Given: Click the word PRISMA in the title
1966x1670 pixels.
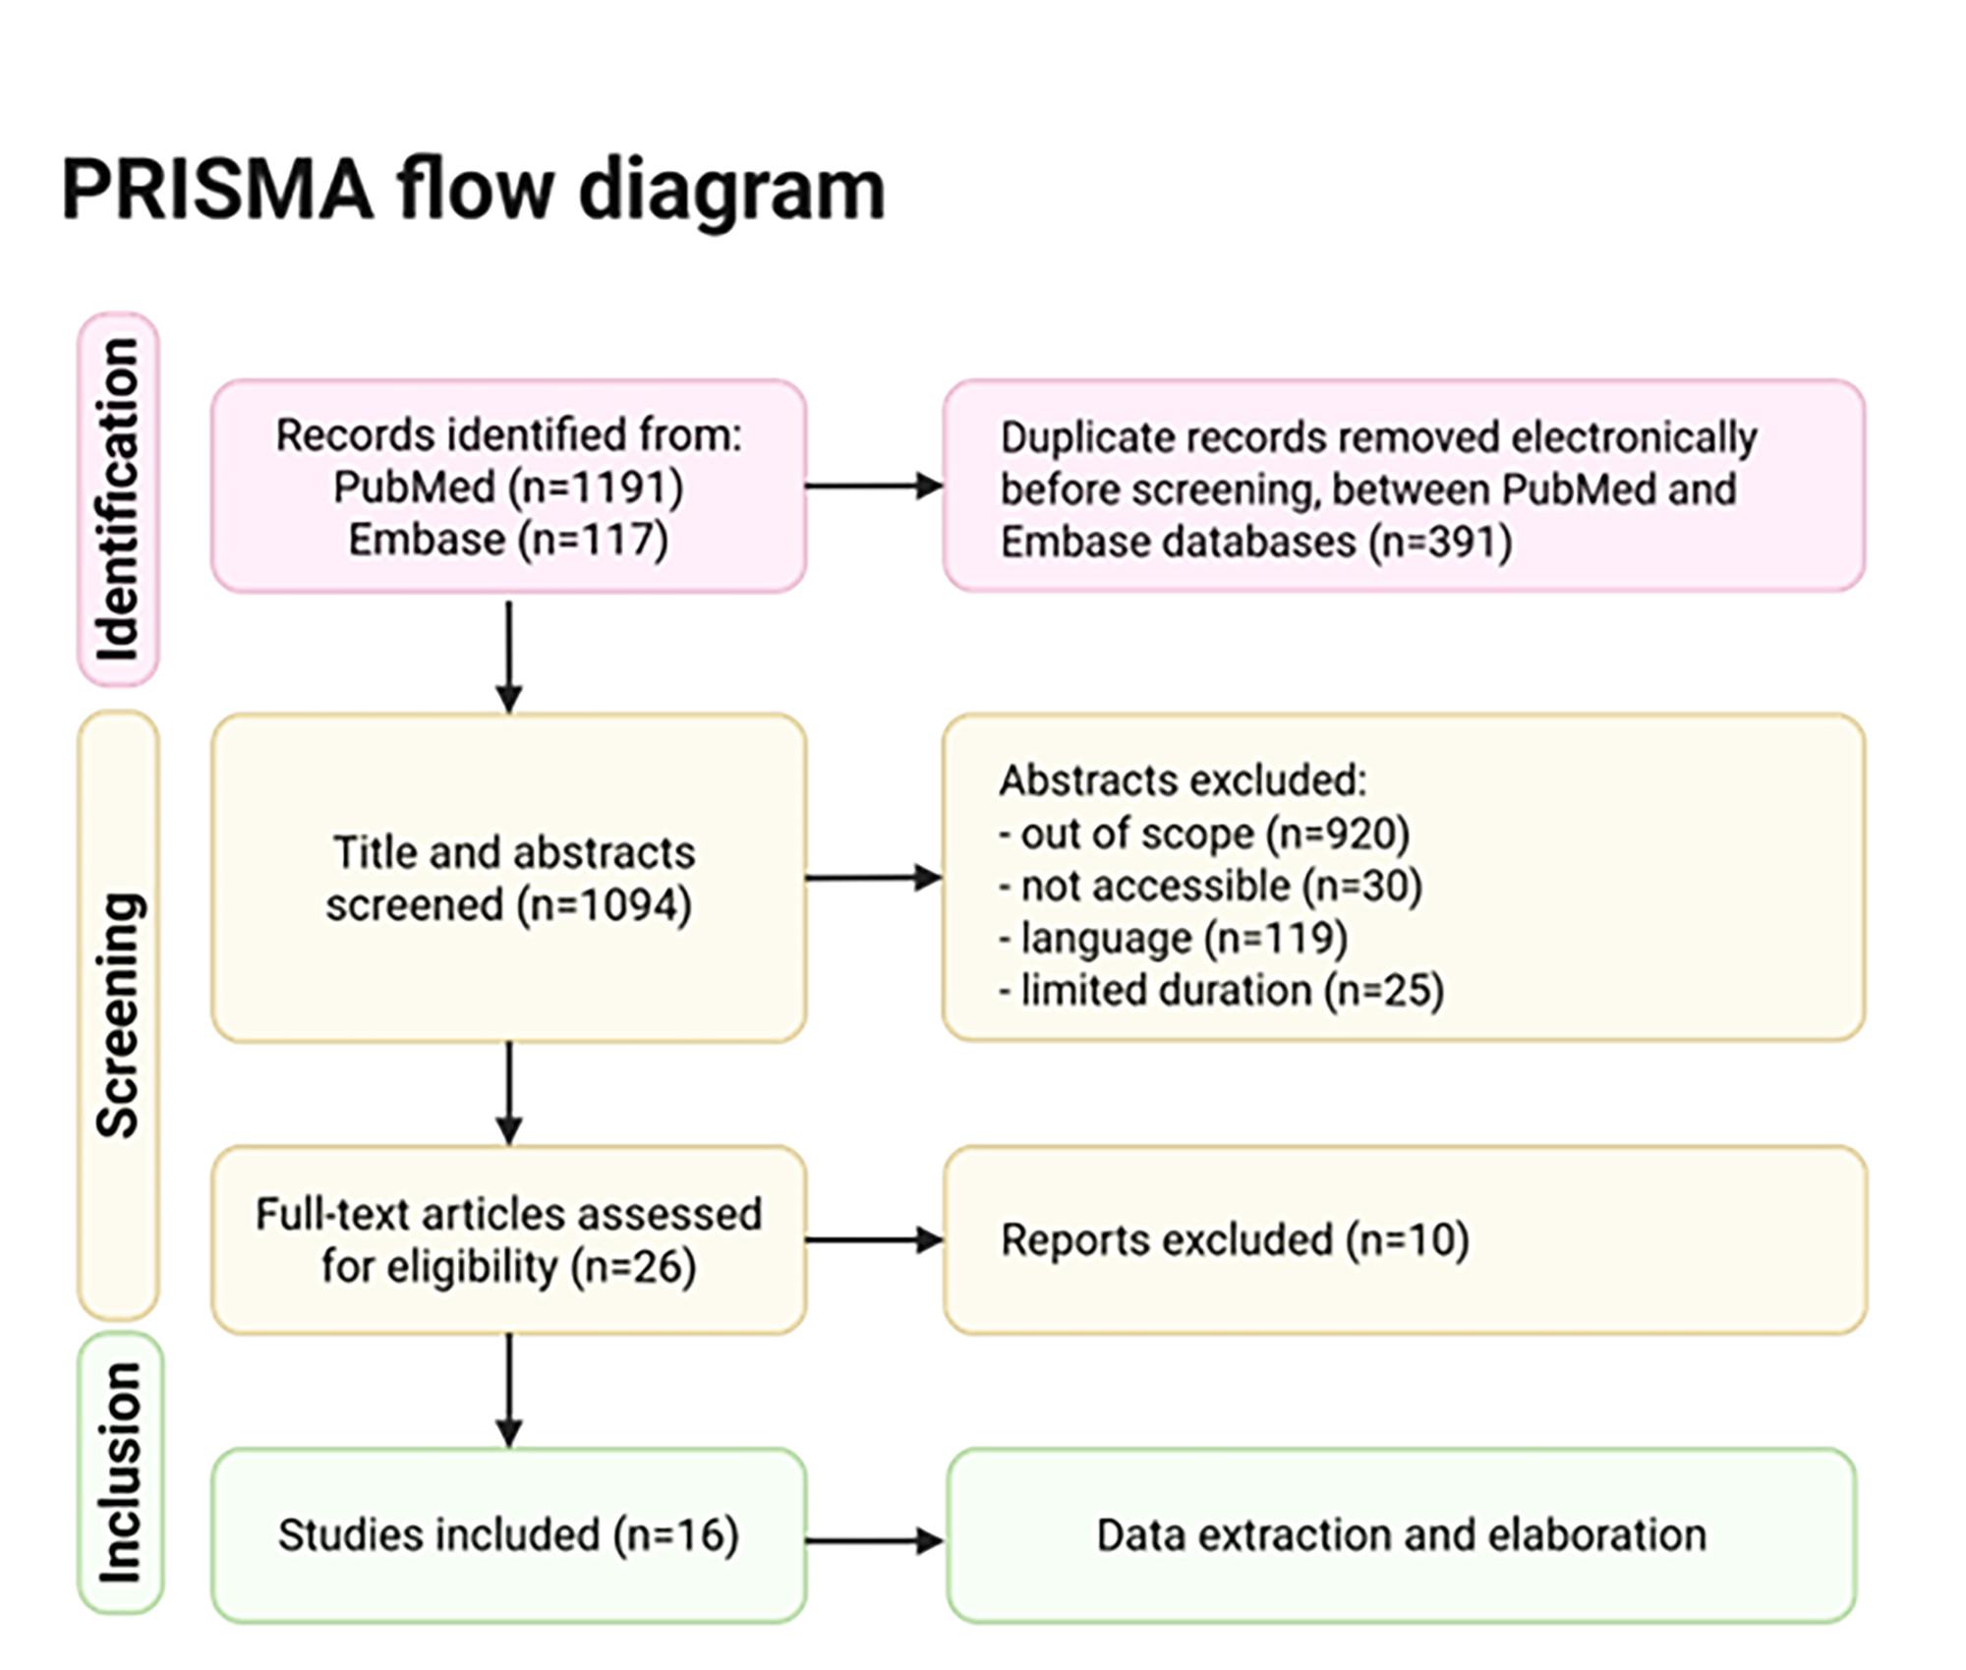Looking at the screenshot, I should point(217,189).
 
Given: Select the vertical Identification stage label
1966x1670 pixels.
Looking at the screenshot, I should point(118,499).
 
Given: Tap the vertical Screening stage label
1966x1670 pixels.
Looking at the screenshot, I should point(118,1014).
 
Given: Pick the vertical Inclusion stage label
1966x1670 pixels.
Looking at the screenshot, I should point(120,1472).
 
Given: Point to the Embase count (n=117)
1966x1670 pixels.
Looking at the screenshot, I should point(588,540).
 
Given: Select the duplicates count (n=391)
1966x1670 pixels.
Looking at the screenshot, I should point(1440,542).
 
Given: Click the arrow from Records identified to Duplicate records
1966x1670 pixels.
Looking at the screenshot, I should point(873,486).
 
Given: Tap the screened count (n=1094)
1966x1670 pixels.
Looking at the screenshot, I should point(604,904).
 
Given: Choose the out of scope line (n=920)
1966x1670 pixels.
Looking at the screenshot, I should point(1204,834).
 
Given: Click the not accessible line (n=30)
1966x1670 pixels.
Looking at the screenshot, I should point(1210,886).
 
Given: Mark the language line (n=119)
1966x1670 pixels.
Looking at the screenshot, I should point(1173,938).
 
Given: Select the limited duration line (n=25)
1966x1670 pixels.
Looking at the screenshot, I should point(1221,990).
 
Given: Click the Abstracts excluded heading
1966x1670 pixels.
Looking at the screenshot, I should point(1183,780).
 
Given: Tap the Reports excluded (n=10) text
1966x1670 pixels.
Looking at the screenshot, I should point(1235,1239).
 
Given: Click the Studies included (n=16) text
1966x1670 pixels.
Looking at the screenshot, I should point(508,1534).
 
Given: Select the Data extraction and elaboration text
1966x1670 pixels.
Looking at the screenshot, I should point(1401,1534).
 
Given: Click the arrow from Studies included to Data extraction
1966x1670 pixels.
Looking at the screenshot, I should point(873,1540).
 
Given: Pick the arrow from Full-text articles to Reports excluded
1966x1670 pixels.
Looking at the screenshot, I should point(873,1239).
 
